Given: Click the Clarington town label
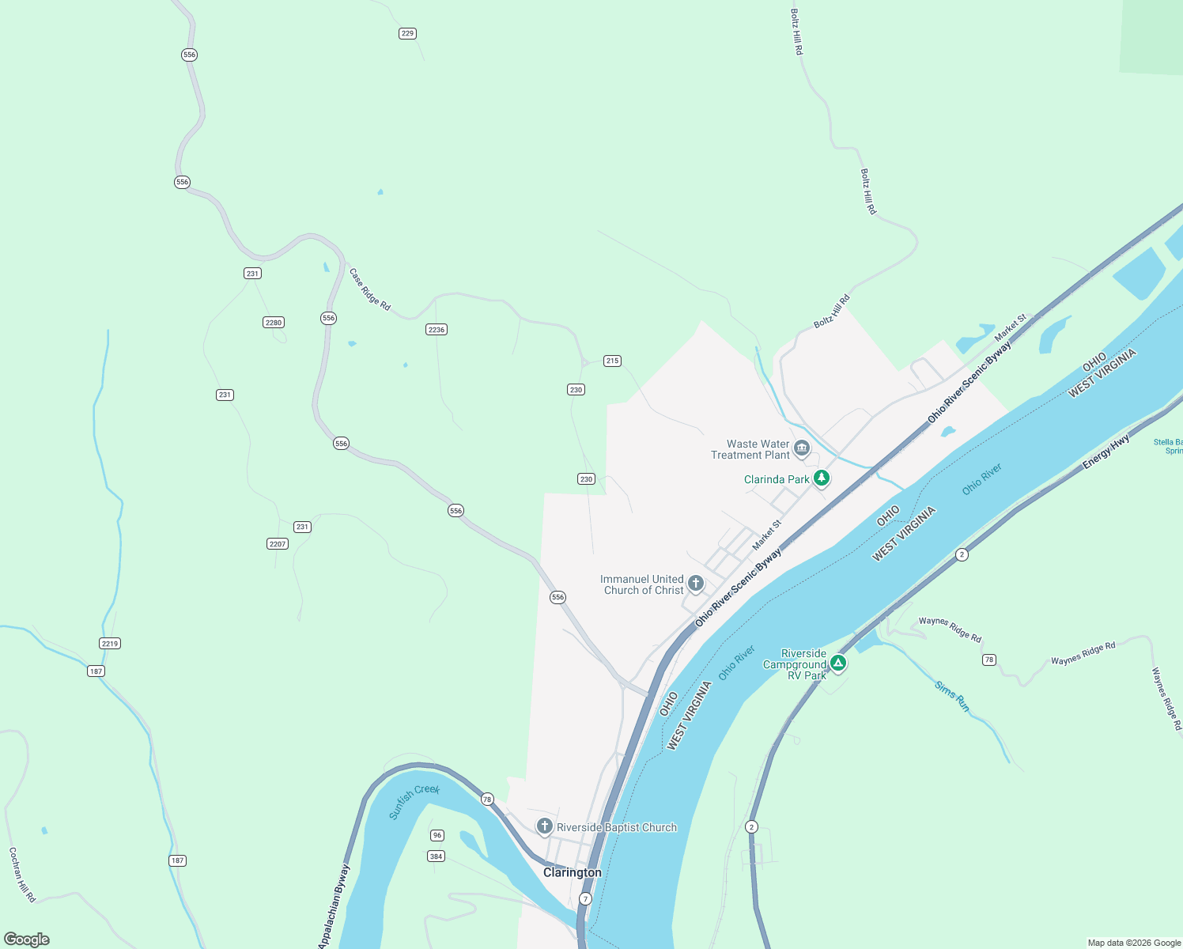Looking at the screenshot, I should coord(572,872).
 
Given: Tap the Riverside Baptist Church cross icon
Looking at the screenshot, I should coord(544,826).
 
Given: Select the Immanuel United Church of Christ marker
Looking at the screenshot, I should coord(695,584).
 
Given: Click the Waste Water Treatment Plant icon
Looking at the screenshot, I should coord(802,448).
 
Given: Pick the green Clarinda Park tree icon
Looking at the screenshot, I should coord(822,478).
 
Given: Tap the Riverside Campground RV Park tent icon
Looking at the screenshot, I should coord(838,664).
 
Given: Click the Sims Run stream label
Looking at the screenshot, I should coord(952,696).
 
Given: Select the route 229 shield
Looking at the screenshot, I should coord(407,33).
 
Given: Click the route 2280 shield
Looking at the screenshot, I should coord(274,322).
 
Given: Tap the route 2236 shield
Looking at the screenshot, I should coord(437,329).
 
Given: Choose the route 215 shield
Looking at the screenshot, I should coord(612,361).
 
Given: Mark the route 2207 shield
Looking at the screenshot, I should coord(278,543).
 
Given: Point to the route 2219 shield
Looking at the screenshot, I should coord(110,643).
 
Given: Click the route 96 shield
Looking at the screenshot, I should coord(437,835).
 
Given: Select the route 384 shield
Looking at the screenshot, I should coord(436,856).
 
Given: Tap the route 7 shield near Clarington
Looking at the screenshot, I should coord(585,899).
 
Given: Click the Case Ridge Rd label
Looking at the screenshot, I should coord(370,289).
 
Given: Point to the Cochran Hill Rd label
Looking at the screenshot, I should coord(22,875).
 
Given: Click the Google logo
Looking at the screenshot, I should coord(27,940).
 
